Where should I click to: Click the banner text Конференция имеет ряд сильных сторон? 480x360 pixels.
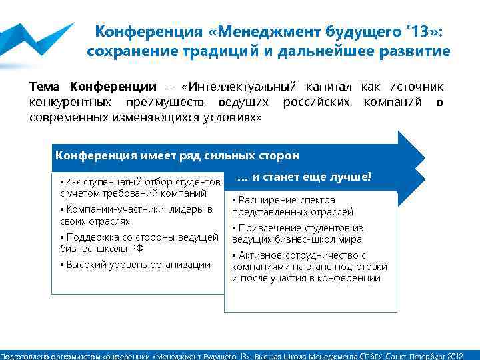click(177, 155)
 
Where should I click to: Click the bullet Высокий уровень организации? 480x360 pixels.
click(135, 265)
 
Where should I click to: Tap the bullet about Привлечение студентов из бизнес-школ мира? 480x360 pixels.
click(297, 233)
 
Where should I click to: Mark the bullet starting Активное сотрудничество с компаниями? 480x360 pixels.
click(309, 267)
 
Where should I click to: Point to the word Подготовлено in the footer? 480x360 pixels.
click(23, 355)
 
